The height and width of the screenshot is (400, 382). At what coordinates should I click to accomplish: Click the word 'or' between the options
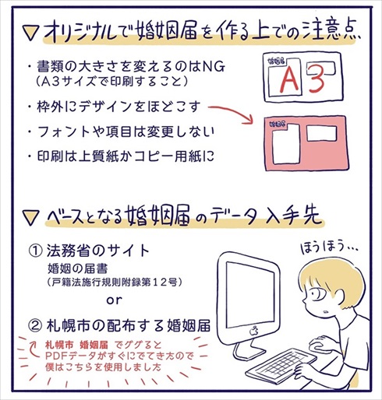(x=115, y=299)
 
